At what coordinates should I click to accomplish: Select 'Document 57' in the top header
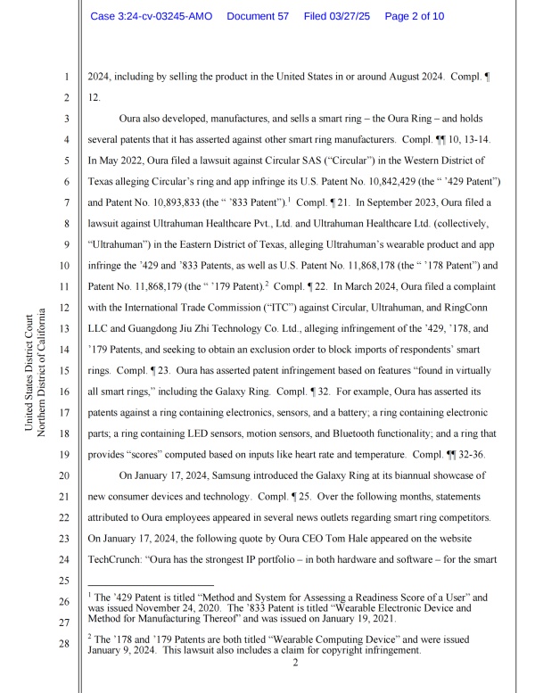260,17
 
